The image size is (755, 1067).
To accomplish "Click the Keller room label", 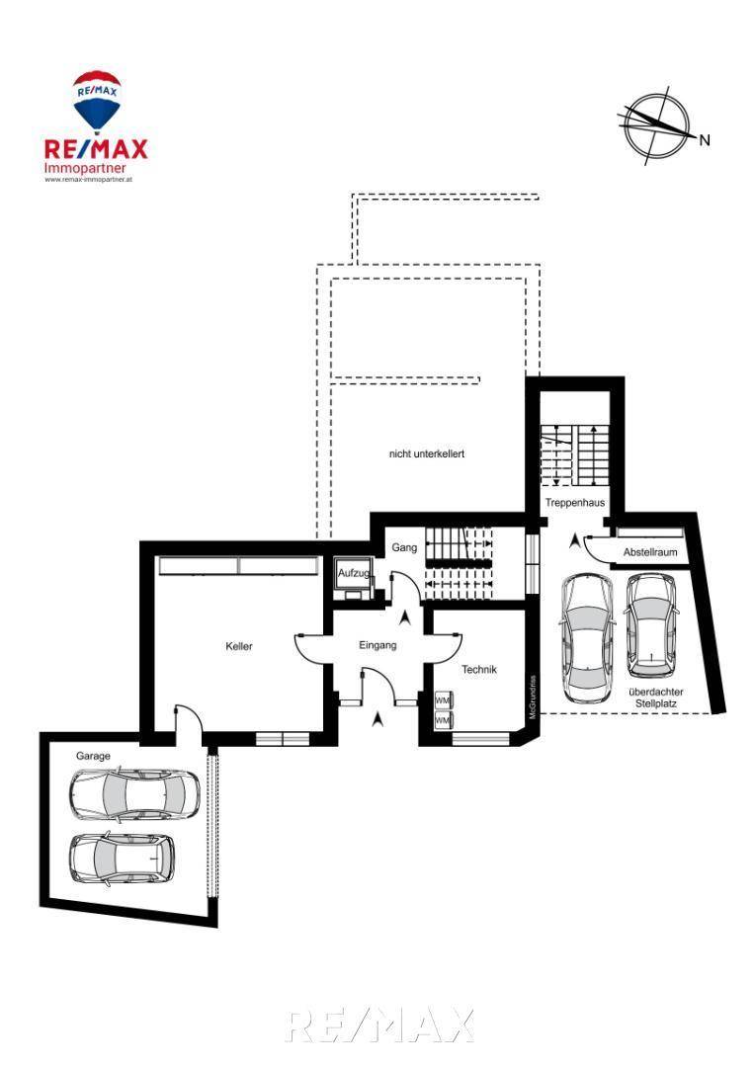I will (x=239, y=646).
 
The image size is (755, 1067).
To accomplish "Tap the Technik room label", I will (x=479, y=669).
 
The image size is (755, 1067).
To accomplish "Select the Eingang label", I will (x=377, y=645).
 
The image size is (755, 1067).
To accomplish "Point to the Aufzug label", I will (x=353, y=573).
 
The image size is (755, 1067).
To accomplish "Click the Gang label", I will (x=404, y=547).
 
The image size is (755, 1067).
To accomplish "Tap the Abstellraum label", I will (x=650, y=552).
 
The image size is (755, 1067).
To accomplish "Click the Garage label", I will (x=93, y=755).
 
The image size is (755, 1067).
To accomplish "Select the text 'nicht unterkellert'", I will (x=427, y=453).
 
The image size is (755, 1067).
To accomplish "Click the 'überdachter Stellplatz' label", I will (x=655, y=698).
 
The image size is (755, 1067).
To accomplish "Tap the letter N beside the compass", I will (x=705, y=140).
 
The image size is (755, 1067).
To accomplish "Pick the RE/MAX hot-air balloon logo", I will (x=96, y=100).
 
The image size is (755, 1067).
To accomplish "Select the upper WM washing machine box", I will (x=443, y=700).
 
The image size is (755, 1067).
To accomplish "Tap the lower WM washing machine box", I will (x=443, y=721).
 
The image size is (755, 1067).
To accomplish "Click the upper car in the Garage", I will (x=134, y=793).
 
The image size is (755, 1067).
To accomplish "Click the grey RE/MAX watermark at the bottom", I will (x=378, y=1026).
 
